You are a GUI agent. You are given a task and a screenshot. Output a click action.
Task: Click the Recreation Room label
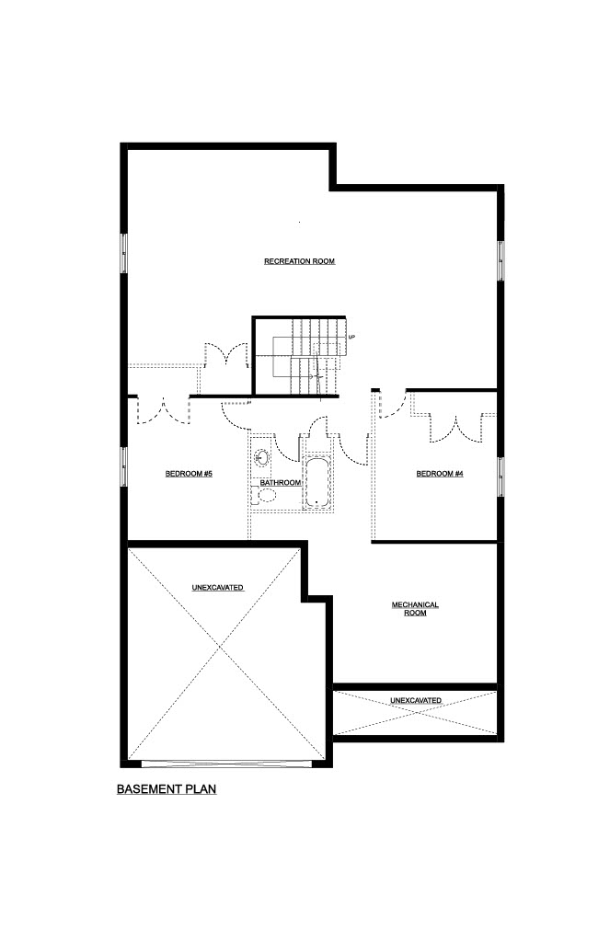click(x=299, y=261)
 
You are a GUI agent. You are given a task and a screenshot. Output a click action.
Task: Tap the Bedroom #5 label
click(x=189, y=474)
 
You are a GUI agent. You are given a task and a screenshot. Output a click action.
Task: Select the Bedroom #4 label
click(x=440, y=474)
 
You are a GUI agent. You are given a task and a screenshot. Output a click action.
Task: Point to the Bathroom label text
click(x=280, y=483)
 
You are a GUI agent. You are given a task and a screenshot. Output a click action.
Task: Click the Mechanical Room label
click(x=415, y=609)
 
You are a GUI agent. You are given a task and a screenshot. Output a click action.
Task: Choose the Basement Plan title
click(x=167, y=788)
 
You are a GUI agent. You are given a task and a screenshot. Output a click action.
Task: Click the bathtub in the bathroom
click(x=317, y=483)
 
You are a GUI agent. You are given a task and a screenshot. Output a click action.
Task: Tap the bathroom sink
click(x=261, y=458)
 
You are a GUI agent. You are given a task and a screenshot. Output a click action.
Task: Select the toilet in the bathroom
click(x=264, y=496)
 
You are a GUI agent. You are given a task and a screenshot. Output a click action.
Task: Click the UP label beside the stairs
click(x=352, y=337)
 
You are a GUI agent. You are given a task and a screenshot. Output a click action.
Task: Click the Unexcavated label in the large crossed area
click(x=217, y=588)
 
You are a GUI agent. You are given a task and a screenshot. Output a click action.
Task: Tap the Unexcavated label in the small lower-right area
click(x=416, y=700)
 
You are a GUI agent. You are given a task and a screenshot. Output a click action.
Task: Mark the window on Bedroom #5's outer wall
click(x=124, y=466)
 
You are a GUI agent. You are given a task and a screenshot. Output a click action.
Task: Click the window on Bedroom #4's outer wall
click(x=500, y=477)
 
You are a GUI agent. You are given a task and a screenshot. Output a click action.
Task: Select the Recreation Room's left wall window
click(x=124, y=254)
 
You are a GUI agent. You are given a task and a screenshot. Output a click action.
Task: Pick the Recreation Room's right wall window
click(x=500, y=260)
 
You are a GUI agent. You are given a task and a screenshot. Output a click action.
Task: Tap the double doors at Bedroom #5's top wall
click(x=163, y=411)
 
